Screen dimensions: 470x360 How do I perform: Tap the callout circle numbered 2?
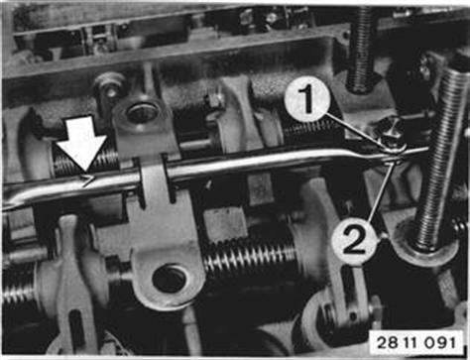point(354,242)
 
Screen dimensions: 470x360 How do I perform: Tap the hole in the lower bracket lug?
point(170,279)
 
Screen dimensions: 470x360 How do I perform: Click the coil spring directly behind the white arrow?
point(86,162)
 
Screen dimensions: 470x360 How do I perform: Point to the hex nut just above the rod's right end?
point(390,133)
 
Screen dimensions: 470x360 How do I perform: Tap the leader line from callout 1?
point(356,131)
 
